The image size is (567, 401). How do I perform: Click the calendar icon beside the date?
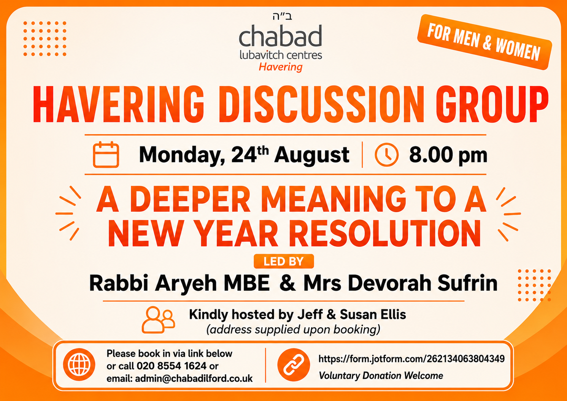coord(106,155)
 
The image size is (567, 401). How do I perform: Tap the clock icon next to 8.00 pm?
coord(386,155)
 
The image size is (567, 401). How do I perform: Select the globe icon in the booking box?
coord(79,365)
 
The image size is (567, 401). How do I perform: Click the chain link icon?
coord(294,365)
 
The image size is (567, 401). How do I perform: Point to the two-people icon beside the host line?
coord(159,320)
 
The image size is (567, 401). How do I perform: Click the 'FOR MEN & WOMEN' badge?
coord(484,42)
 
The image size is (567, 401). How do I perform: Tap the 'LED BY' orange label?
coord(284,262)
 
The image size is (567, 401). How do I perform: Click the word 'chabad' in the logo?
coord(281,36)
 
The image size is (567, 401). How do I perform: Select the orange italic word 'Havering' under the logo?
coord(281,67)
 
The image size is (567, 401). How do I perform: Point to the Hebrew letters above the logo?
coord(282,16)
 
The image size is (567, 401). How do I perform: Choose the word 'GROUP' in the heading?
coord(492,105)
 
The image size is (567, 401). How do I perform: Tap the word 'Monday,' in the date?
coord(182,155)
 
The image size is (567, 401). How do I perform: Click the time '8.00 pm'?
coord(448,155)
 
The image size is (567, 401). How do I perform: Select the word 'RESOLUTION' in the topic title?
coord(385,233)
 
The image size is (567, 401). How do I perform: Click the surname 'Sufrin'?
coord(467,283)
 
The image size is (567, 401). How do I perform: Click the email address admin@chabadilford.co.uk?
coord(194,379)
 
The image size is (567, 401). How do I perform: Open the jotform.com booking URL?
coord(411,359)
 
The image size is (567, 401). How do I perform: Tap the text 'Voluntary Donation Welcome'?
coord(381,376)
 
